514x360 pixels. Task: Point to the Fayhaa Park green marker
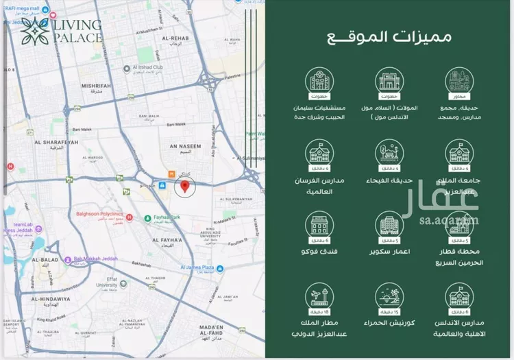point(147,219)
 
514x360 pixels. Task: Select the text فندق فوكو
point(316,252)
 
